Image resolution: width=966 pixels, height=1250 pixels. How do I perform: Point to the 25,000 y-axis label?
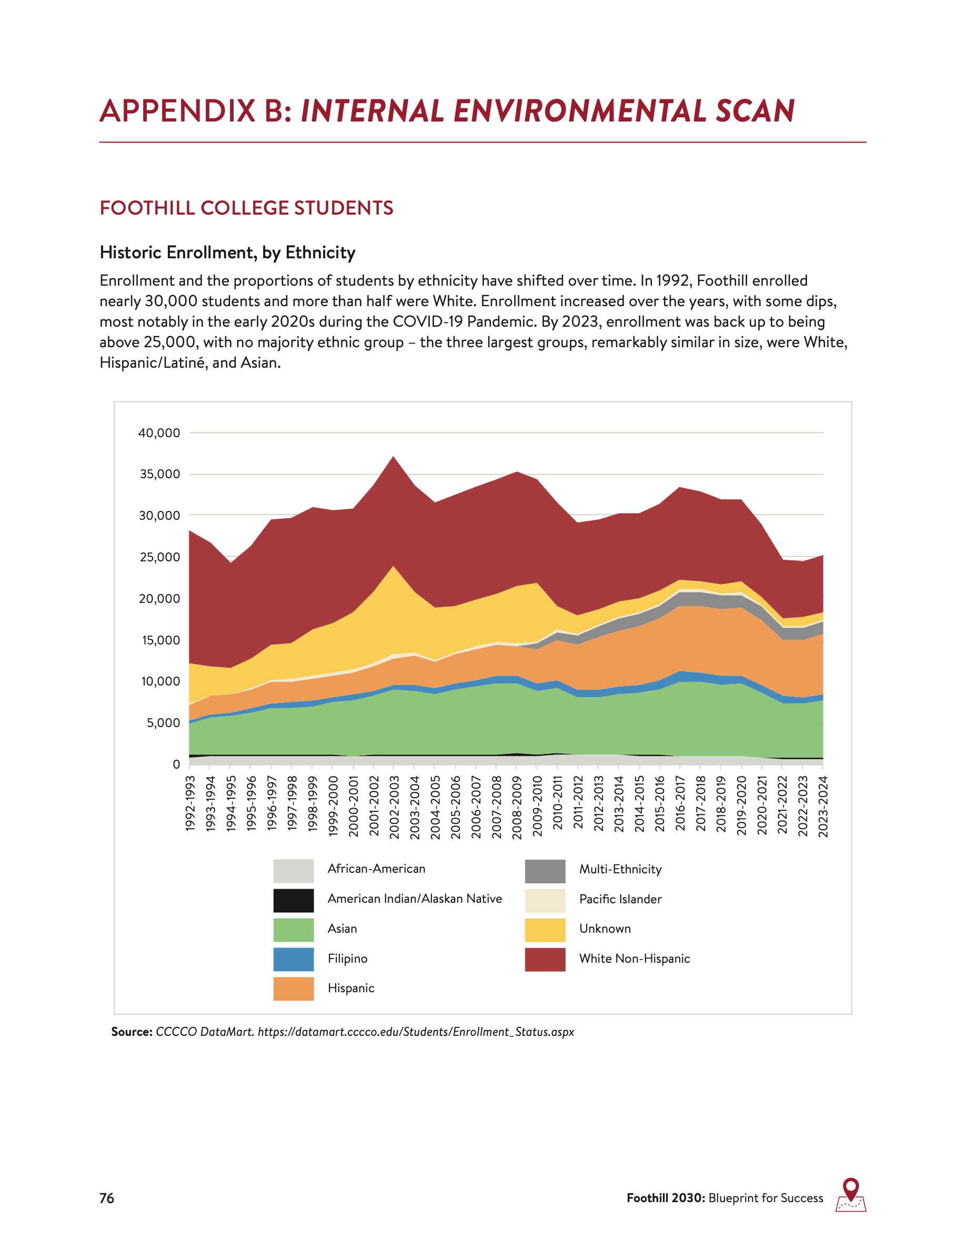pyautogui.click(x=159, y=558)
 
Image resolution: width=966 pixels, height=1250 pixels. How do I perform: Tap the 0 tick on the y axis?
pyautogui.click(x=176, y=764)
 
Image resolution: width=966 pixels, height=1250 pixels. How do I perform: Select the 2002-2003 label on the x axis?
pyautogui.click(x=394, y=807)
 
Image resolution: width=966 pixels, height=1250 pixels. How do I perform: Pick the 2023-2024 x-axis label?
pyautogui.click(x=823, y=807)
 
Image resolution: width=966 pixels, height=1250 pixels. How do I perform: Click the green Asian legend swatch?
pyautogui.click(x=293, y=930)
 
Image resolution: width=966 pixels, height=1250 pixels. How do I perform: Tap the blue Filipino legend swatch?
pyautogui.click(x=293, y=959)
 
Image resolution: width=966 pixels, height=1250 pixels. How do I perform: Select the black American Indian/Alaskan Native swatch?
pyautogui.click(x=293, y=900)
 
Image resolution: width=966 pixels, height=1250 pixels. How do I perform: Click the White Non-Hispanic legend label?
pyautogui.click(x=634, y=959)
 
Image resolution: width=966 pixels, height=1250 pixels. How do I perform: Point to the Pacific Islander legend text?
pyautogui.click(x=620, y=899)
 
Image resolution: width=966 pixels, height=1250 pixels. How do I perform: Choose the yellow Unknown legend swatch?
pyautogui.click(x=545, y=930)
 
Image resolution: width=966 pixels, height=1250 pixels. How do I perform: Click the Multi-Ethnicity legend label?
pyautogui.click(x=620, y=870)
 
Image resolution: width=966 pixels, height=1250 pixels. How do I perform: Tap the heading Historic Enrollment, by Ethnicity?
pyautogui.click(x=227, y=253)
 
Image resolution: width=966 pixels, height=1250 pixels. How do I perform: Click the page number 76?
pyautogui.click(x=106, y=1198)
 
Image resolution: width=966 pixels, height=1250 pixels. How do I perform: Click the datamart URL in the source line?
pyautogui.click(x=416, y=1032)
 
